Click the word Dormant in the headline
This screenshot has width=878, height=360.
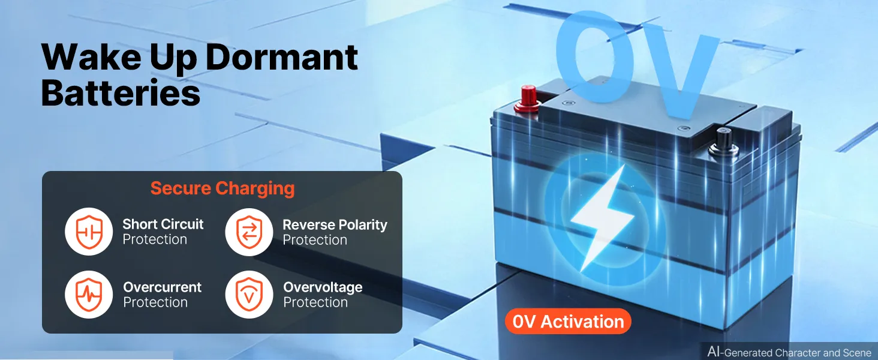281,57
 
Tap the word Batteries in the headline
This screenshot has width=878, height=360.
121,92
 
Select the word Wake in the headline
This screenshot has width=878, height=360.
91,57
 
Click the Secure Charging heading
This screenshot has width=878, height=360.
222,188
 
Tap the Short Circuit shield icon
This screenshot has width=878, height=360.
89,232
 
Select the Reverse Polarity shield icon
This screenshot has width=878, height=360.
249,232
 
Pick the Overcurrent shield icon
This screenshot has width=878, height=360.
89,295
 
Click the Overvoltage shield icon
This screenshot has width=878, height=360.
249,295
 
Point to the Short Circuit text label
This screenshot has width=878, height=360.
163,224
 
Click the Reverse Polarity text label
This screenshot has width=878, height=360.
335,225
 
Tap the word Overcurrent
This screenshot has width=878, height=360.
163,287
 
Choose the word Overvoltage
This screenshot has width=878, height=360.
323,287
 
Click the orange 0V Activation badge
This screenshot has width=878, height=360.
568,322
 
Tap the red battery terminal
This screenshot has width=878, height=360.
528,98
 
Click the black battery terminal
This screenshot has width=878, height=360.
723,143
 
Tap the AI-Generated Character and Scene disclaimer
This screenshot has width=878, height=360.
789,352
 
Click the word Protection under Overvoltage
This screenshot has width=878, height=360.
315,302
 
